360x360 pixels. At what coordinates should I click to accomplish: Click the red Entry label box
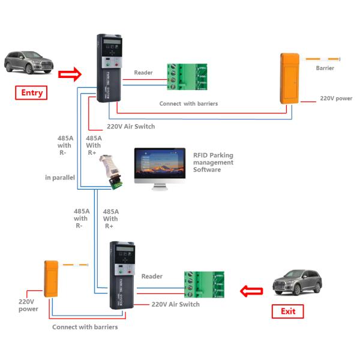[32, 92]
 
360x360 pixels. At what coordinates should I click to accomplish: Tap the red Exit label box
[288, 311]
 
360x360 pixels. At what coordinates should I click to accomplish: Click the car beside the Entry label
[29, 62]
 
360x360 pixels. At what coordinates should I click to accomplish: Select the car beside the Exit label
[298, 281]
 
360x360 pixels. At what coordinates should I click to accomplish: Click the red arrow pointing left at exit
[251, 292]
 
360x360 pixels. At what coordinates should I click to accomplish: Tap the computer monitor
[159, 166]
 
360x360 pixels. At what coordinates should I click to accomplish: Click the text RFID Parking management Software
[213, 162]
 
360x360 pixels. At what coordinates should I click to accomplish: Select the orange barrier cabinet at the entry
[290, 79]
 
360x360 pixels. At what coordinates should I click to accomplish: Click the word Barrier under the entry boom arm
[325, 68]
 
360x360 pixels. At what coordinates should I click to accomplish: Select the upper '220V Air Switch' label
[131, 126]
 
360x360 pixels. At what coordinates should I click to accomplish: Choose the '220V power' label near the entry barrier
[336, 98]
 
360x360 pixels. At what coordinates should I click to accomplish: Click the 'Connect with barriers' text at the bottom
[85, 327]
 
